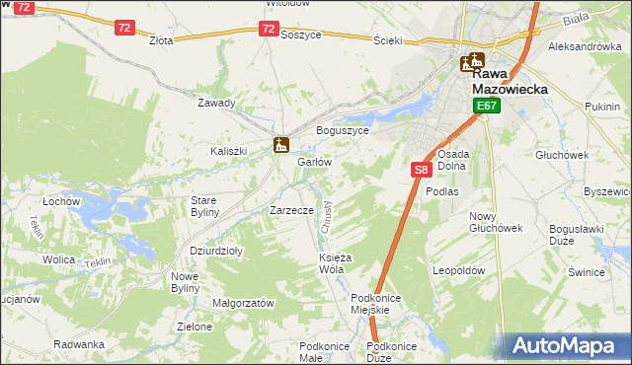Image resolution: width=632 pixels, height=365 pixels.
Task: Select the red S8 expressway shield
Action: click(421, 170)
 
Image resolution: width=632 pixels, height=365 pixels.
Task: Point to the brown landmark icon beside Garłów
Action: click(281, 145)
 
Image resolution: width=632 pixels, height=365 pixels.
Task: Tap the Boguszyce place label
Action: click(342, 130)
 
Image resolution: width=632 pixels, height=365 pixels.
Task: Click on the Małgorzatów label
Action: click(243, 304)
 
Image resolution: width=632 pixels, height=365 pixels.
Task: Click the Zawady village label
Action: click(216, 103)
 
